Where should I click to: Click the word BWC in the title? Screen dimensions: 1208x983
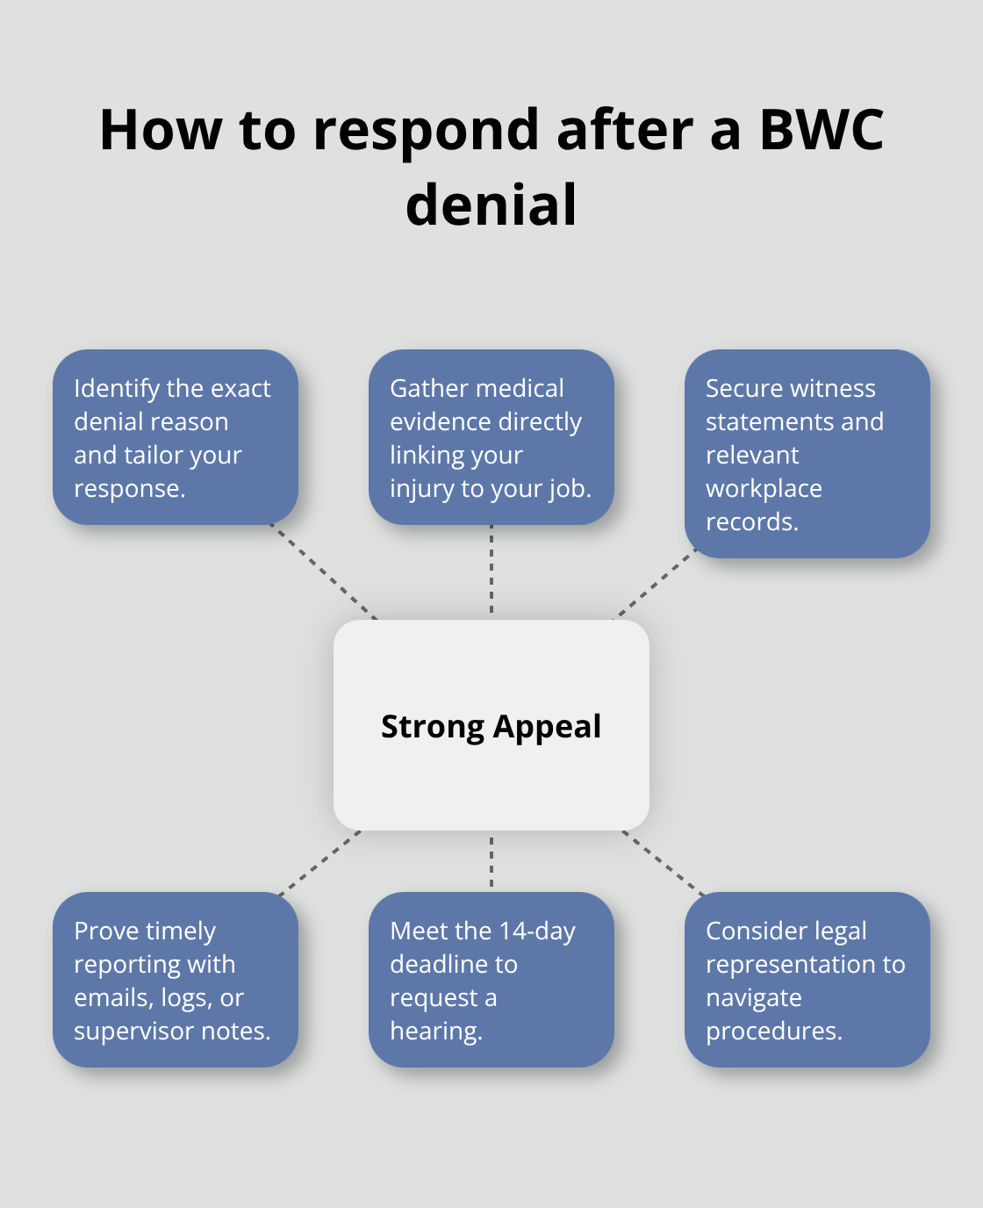tap(821, 130)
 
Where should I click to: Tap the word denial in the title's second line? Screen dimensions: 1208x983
tap(491, 205)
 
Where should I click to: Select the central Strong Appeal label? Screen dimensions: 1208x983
tap(491, 726)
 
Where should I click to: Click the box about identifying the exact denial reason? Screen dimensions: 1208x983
tap(176, 437)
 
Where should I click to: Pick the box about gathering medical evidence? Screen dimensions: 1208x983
tap(491, 437)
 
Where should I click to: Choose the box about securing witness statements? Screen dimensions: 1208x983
tap(807, 454)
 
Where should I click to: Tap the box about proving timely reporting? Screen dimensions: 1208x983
tap(176, 980)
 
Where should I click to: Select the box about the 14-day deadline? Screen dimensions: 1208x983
tap(491, 980)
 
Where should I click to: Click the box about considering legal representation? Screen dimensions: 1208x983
tap(807, 980)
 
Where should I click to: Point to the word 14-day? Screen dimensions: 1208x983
tap(537, 931)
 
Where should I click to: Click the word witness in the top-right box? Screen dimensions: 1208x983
tap(830, 388)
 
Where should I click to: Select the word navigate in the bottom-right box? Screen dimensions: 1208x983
tap(753, 997)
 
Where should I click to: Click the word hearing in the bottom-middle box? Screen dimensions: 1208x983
tap(436, 1031)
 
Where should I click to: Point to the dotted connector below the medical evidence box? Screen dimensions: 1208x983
tap(491, 571)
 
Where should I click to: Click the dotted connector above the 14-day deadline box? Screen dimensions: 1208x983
tap(491, 862)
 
